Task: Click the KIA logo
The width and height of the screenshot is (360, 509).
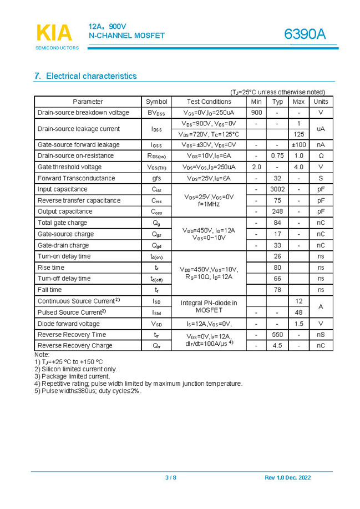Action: (x=54, y=33)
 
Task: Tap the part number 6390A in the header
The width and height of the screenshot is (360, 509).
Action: (x=305, y=34)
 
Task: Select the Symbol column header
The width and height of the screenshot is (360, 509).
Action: (x=156, y=102)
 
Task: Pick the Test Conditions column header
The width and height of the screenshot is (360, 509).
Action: (x=209, y=102)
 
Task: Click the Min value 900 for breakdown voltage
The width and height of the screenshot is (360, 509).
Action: (x=256, y=113)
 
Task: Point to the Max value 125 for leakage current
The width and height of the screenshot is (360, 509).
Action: (x=298, y=134)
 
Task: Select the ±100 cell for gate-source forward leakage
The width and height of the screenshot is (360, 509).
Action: (x=298, y=145)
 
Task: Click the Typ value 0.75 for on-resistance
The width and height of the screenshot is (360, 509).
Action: (x=277, y=156)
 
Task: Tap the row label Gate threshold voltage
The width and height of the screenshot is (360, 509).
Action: (x=69, y=167)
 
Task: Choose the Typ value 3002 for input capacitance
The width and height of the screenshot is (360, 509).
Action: (x=277, y=189)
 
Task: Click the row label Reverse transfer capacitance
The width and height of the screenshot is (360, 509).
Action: (x=79, y=200)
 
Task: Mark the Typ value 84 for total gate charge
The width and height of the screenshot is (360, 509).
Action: (x=277, y=223)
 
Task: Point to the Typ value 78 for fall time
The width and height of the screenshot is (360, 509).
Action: (x=277, y=290)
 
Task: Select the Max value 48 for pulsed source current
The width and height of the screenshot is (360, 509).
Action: (x=298, y=313)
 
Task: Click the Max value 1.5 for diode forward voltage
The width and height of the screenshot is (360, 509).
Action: (x=298, y=324)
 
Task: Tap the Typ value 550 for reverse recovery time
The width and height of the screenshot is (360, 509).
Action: (x=277, y=335)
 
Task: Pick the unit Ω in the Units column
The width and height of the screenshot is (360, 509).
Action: (x=321, y=156)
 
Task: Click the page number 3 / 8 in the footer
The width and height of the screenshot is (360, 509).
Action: (x=170, y=478)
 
